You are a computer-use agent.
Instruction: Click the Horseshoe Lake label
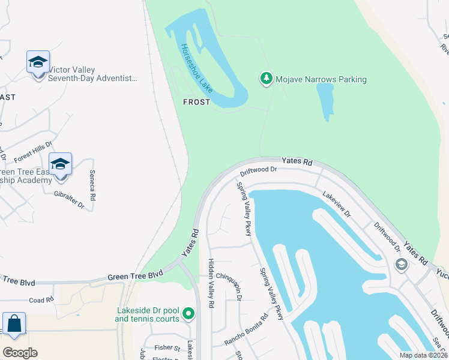point(196,67)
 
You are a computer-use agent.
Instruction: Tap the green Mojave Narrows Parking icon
point(266,79)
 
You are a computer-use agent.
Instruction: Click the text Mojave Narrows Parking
point(321,79)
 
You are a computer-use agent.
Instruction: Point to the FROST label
point(197,102)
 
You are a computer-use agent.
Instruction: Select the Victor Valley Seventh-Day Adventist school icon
point(38,62)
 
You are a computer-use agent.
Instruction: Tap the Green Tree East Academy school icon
point(60,164)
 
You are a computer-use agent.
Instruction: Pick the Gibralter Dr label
point(69,199)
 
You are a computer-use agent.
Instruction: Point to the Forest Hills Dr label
point(34,152)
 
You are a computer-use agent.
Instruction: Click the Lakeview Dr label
point(336,204)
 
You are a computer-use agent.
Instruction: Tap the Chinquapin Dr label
point(230,284)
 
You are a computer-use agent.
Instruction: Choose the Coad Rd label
point(41,300)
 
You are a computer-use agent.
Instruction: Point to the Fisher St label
point(167,347)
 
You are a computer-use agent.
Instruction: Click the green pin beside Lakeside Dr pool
point(188,313)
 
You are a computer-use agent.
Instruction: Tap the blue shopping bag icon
point(14,325)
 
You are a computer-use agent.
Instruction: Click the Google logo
point(20,352)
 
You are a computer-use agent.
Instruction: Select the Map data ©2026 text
point(423,355)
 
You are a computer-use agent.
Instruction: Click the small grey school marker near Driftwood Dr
point(401,264)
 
